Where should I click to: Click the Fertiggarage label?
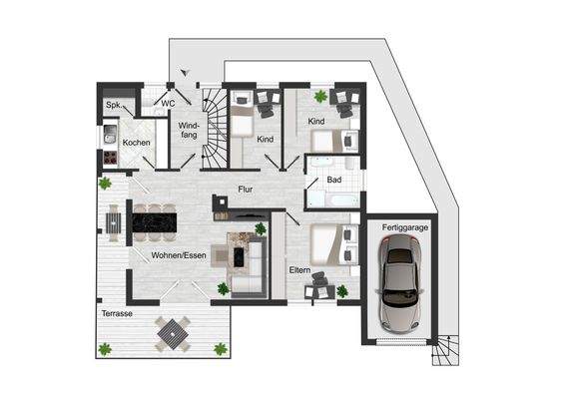coord(404,228)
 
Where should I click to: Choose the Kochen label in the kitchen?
coord(136,143)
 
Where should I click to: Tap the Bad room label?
coord(335,180)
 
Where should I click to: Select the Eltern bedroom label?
coord(300,269)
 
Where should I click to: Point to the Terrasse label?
coord(117,314)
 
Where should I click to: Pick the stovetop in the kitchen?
coord(109,158)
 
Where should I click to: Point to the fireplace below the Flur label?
coord(221,204)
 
